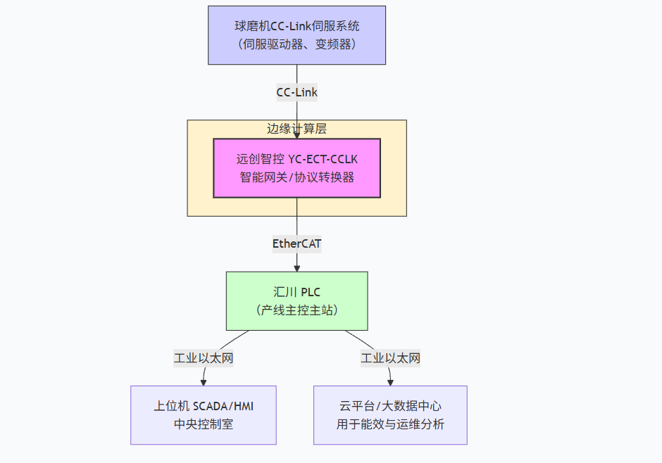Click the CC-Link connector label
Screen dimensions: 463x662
296,92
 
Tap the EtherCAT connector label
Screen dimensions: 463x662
296,243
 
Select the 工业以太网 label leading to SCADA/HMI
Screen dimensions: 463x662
204,358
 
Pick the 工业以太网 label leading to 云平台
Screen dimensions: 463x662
391,358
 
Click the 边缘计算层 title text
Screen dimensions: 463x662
296,129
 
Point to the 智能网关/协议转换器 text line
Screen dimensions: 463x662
296,177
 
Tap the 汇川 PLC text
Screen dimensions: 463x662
296,291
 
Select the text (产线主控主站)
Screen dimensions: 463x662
296,310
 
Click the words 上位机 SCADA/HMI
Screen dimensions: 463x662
204,406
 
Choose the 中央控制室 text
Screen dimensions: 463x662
204,424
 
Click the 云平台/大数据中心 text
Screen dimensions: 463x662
390,406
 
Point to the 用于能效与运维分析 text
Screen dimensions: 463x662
390,424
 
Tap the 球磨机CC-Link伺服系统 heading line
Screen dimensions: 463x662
296,26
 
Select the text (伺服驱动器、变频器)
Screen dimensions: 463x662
296,44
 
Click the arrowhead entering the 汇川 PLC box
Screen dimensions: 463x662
296,267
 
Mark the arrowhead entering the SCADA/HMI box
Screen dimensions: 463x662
204,381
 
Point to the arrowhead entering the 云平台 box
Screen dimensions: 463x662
391,381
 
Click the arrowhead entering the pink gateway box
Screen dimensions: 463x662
296,135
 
